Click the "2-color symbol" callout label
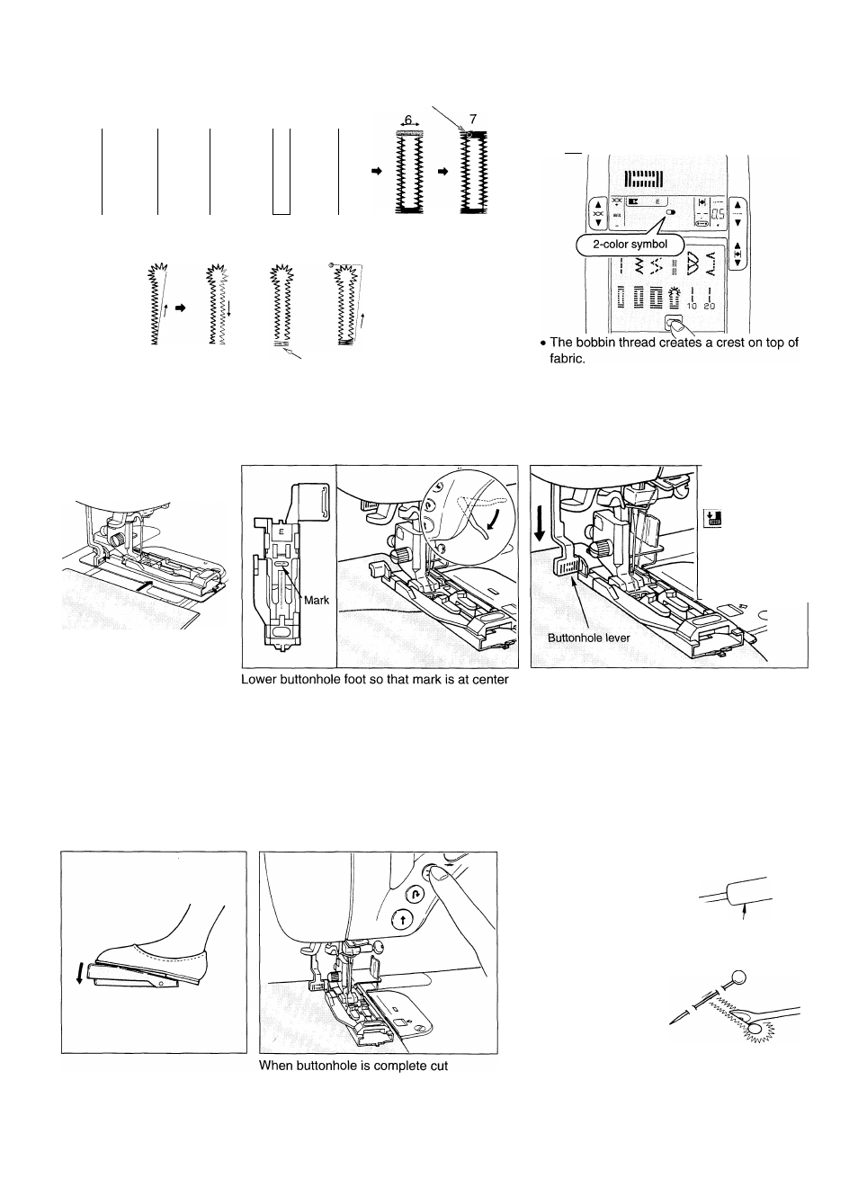click(x=630, y=244)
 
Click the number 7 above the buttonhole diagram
click(x=473, y=119)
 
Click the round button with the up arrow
click(x=402, y=919)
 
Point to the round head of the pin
click(x=738, y=978)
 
